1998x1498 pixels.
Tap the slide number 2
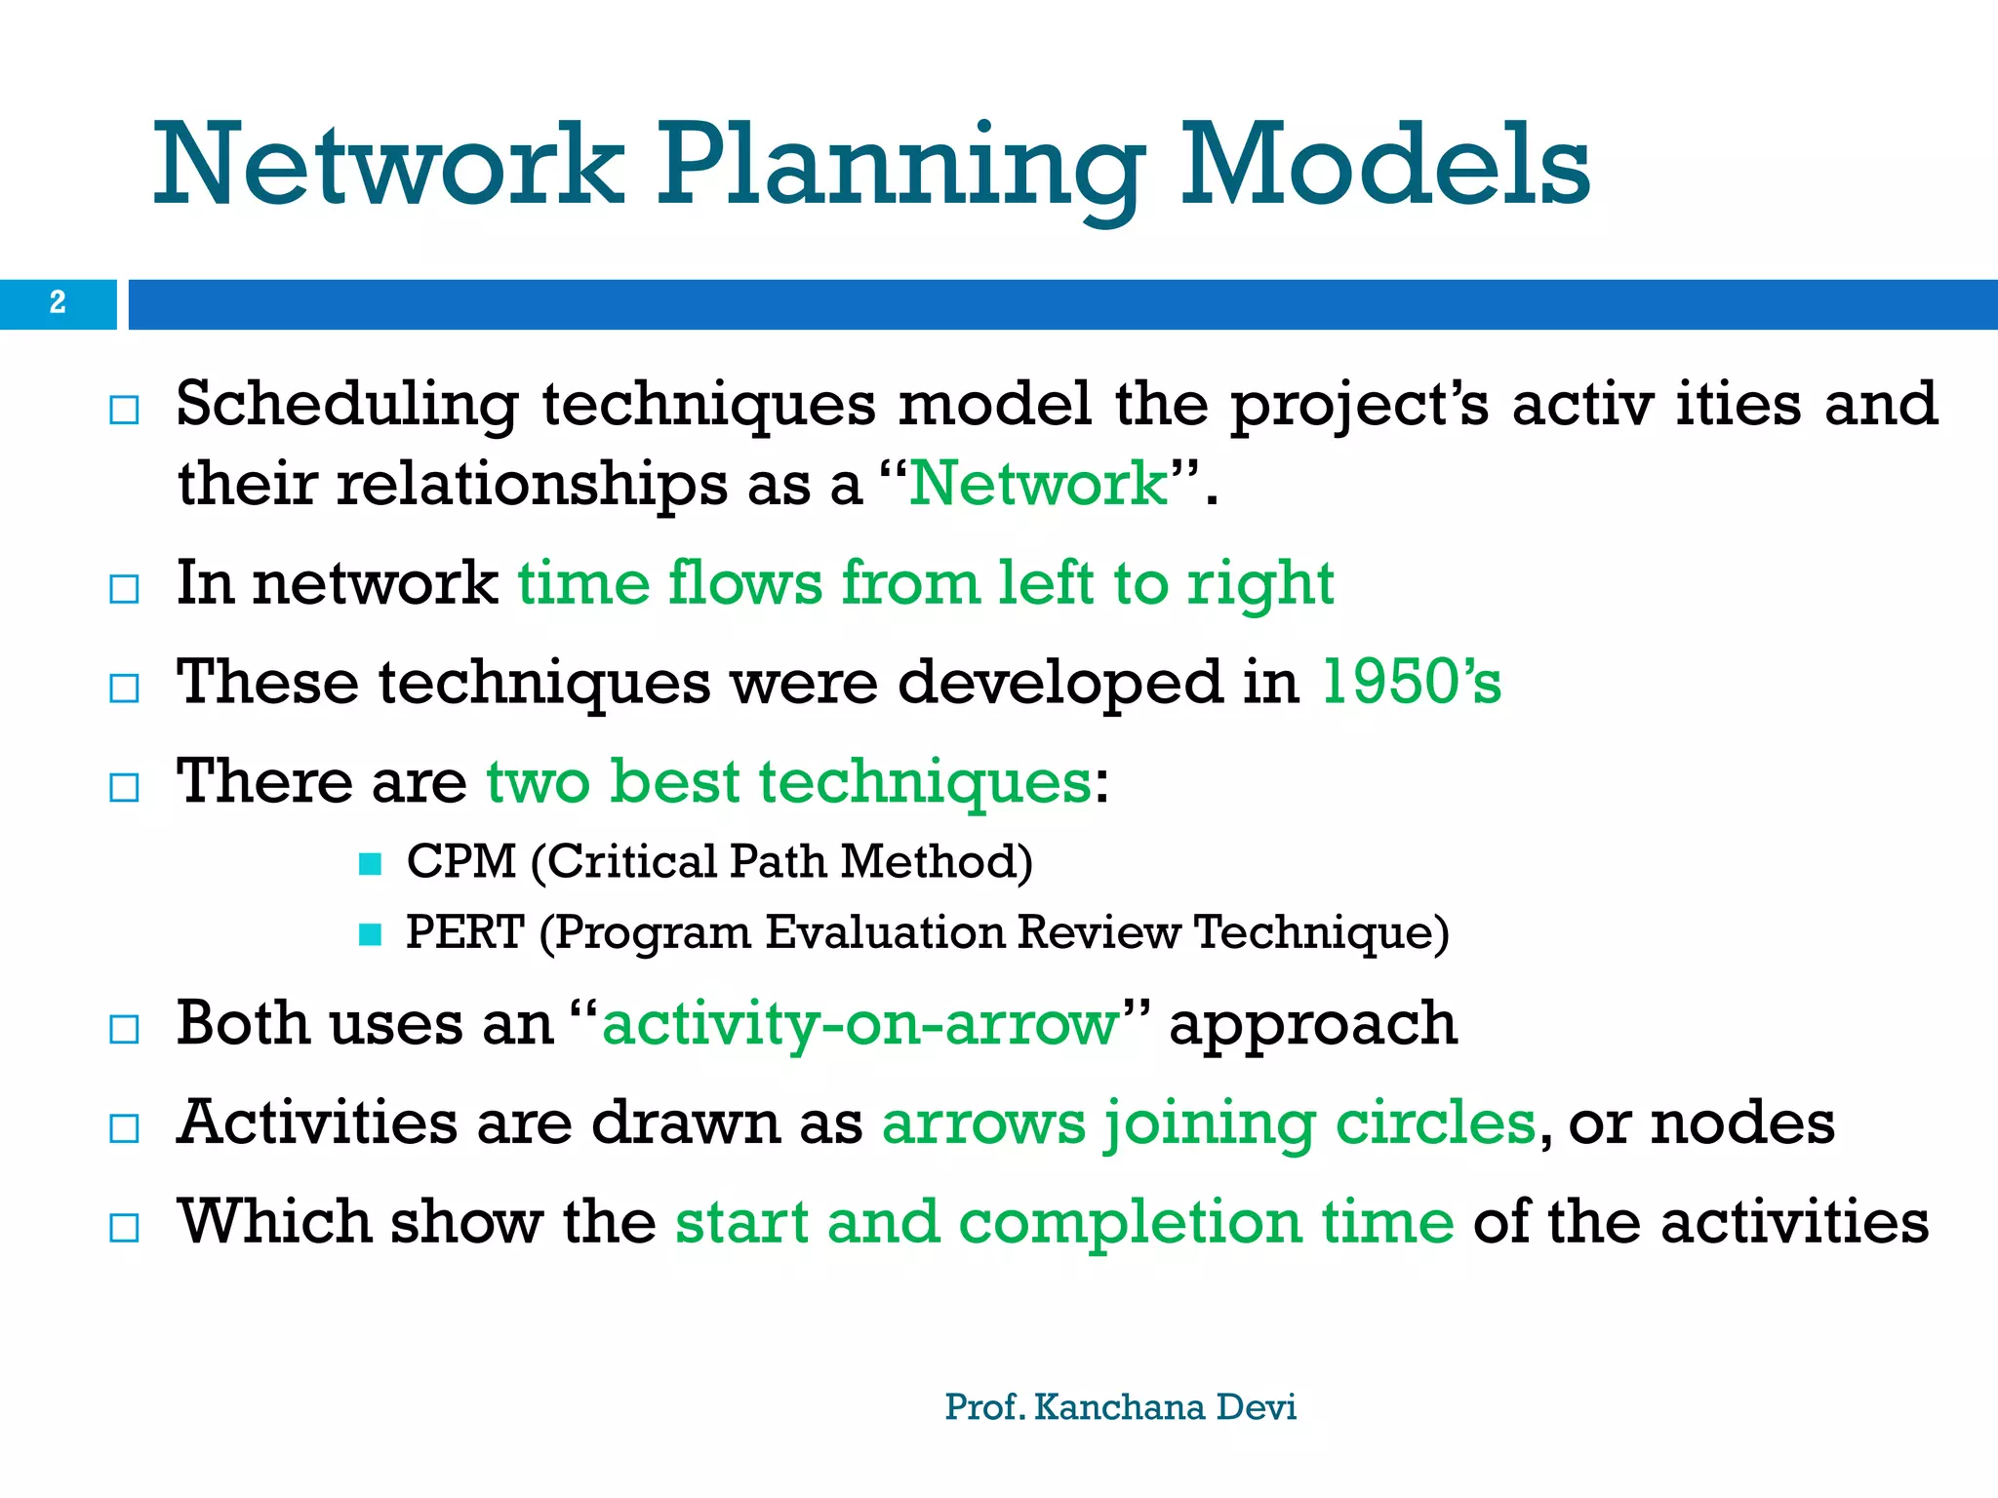point(58,303)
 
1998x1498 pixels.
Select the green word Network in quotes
point(1038,483)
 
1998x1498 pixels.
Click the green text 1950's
point(1411,682)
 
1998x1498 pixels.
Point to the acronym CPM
point(460,862)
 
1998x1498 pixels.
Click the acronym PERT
point(464,932)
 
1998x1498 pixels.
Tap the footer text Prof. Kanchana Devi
point(1120,1407)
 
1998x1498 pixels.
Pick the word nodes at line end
point(1742,1123)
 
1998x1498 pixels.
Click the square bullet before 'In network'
point(124,589)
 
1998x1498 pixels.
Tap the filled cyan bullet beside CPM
point(370,864)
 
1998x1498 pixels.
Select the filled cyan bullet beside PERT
point(370,934)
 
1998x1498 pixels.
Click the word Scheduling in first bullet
point(347,405)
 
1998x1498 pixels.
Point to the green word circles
point(1435,1123)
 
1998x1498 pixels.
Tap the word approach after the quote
point(1313,1025)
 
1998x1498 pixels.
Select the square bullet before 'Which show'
point(124,1227)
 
